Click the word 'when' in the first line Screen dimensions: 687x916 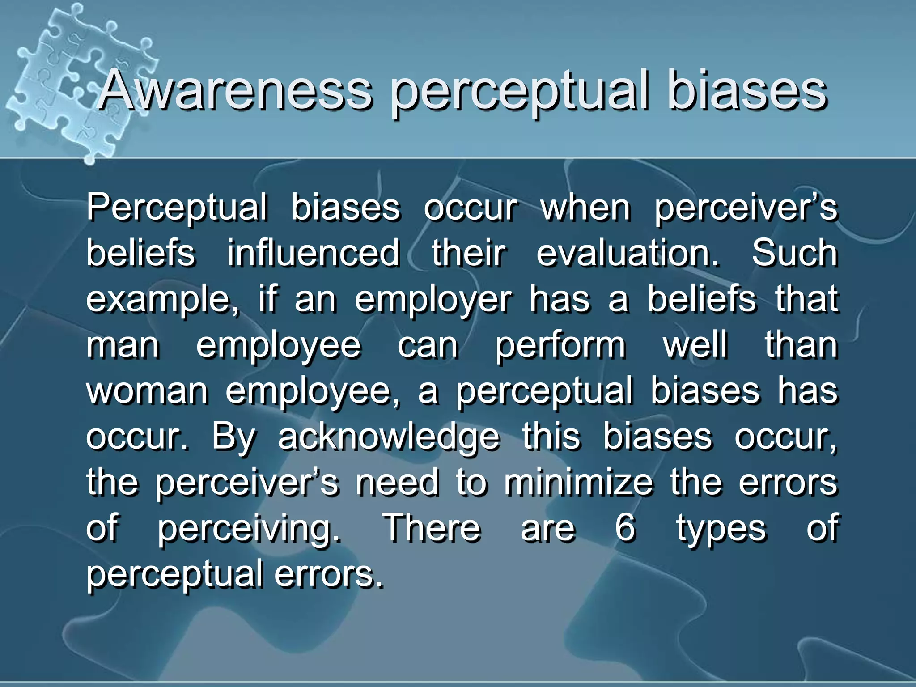585,208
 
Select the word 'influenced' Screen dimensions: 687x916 313,253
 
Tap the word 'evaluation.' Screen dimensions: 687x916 628,253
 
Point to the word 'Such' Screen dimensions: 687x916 794,253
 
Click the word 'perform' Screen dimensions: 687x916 560,346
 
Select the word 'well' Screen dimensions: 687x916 695,345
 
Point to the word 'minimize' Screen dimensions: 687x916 578,483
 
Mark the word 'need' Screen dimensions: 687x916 397,483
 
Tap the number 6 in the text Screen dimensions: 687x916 625,528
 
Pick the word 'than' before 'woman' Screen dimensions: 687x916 801,345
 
